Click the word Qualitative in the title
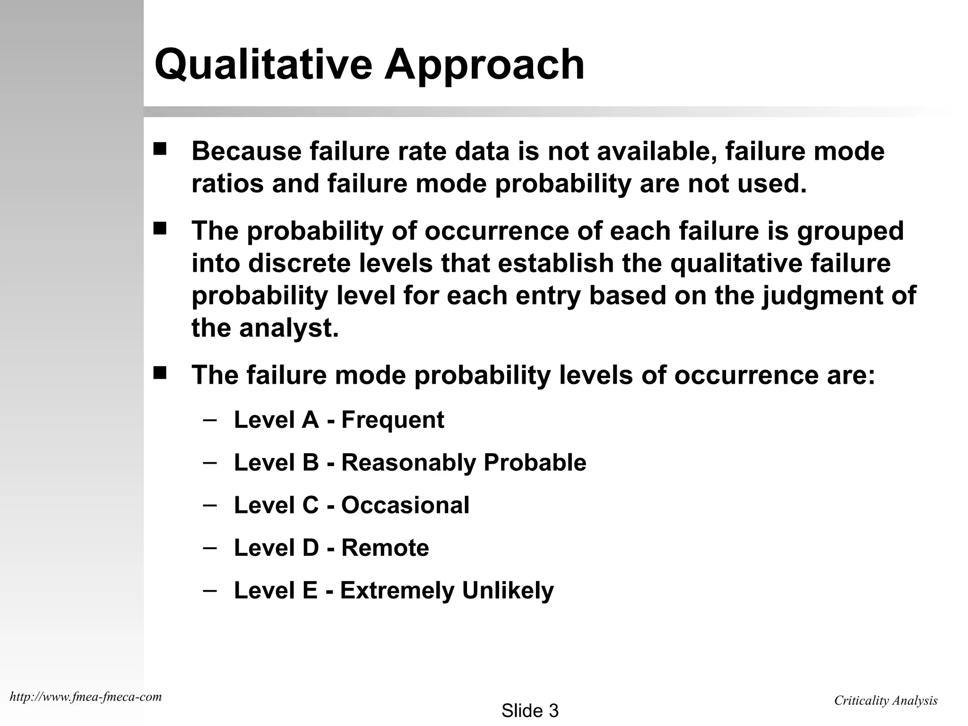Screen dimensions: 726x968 [x=263, y=65]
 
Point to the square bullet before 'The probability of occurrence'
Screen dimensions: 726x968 [x=160, y=229]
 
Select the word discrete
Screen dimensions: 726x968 [x=299, y=264]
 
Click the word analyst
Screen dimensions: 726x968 [x=289, y=328]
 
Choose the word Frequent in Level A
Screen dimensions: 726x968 [x=392, y=420]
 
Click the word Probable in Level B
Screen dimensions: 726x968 [x=535, y=463]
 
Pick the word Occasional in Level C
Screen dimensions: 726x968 [x=405, y=505]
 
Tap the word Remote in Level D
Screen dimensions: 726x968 [x=385, y=548]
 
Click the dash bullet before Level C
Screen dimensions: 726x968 [x=209, y=504]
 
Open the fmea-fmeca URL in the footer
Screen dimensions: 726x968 [x=86, y=697]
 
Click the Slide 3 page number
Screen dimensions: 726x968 [x=530, y=711]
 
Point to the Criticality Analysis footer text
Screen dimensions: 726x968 [x=885, y=700]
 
